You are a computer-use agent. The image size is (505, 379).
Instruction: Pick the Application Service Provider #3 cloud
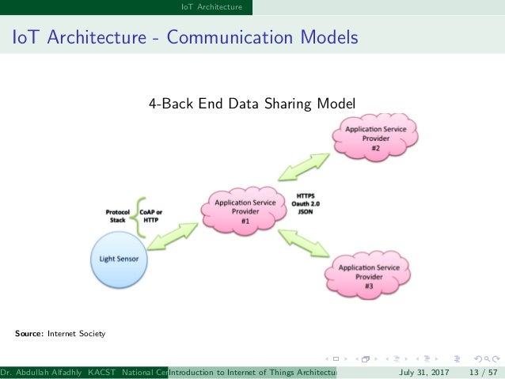point(368,274)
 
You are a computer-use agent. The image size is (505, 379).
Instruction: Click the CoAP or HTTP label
point(153,217)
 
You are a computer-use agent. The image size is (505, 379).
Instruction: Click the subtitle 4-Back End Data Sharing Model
point(252,103)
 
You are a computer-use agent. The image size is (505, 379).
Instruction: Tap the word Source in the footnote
point(29,334)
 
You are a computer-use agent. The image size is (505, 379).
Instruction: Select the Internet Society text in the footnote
point(76,334)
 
